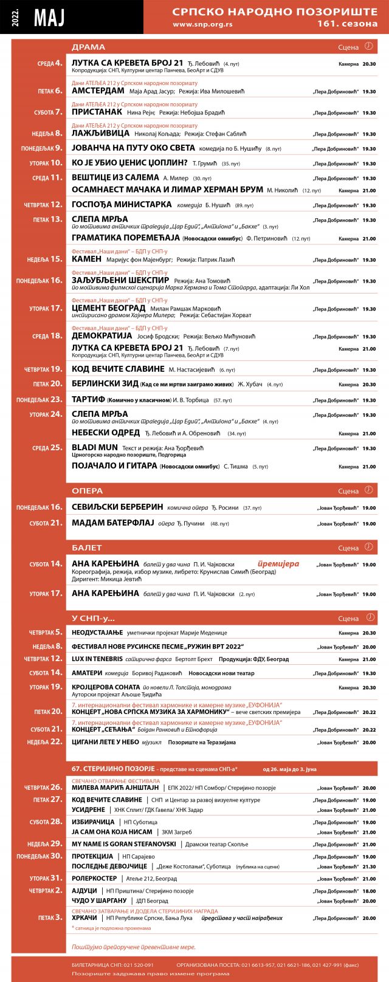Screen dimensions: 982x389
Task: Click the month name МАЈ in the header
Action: pyautogui.click(x=49, y=18)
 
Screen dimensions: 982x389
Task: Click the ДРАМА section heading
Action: pyautogui.click(x=89, y=47)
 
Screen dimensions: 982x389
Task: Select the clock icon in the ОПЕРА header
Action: pyautogui.click(x=368, y=490)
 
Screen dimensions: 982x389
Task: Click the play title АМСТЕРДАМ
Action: pyautogui.click(x=98, y=91)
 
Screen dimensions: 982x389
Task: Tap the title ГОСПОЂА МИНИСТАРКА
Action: pyautogui.click(x=122, y=205)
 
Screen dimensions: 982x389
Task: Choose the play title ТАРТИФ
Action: pyautogui.click(x=88, y=400)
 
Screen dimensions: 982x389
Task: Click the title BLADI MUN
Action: pyautogui.click(x=95, y=447)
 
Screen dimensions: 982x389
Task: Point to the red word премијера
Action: pyautogui.click(x=278, y=564)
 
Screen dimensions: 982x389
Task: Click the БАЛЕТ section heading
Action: pyautogui.click(x=87, y=548)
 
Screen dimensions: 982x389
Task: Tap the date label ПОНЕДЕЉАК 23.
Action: pyautogui.click(x=40, y=400)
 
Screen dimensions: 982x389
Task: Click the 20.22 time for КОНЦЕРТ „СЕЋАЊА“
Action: pyautogui.click(x=368, y=730)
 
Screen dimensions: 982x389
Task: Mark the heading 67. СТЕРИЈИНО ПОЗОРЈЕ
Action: pyautogui.click(x=113, y=769)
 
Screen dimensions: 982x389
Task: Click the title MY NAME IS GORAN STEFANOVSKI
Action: pyautogui.click(x=124, y=844)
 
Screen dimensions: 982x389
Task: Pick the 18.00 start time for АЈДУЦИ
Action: pyautogui.click(x=368, y=891)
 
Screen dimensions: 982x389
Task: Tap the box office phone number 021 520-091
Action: pyautogui.click(x=135, y=964)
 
